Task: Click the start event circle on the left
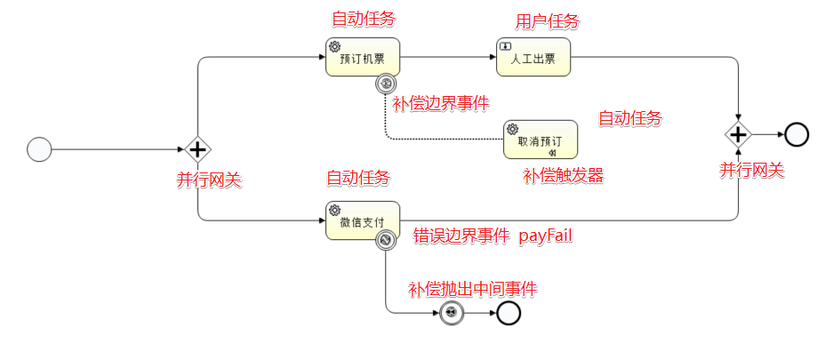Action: (39, 149)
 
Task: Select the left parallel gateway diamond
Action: (197, 149)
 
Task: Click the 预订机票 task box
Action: (363, 57)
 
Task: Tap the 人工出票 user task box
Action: (533, 57)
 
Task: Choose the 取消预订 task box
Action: (540, 140)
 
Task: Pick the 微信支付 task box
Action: (363, 220)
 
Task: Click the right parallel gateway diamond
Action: (738, 134)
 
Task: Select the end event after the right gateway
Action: (797, 134)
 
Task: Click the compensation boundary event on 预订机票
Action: (386, 84)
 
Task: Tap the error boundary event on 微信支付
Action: (386, 240)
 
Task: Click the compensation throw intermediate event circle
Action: (452, 313)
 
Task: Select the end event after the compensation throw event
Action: (509, 313)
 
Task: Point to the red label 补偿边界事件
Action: (441, 104)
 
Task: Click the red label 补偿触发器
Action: (564, 176)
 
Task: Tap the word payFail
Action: (546, 236)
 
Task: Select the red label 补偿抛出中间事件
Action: (472, 289)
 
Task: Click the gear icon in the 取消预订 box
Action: (512, 128)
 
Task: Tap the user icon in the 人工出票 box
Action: (505, 45)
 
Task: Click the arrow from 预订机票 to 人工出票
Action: (448, 57)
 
